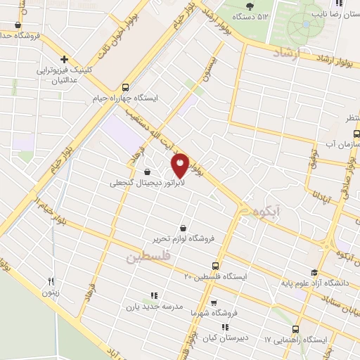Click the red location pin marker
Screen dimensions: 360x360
pos(181,165)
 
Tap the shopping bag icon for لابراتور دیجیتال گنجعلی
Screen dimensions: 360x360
pos(147,172)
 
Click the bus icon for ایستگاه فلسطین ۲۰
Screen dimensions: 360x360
pos(215,266)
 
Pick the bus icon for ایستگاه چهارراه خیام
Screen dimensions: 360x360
pos(125,88)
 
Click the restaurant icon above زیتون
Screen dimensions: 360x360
pos(50,282)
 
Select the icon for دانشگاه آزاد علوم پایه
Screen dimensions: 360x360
pos(314,273)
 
